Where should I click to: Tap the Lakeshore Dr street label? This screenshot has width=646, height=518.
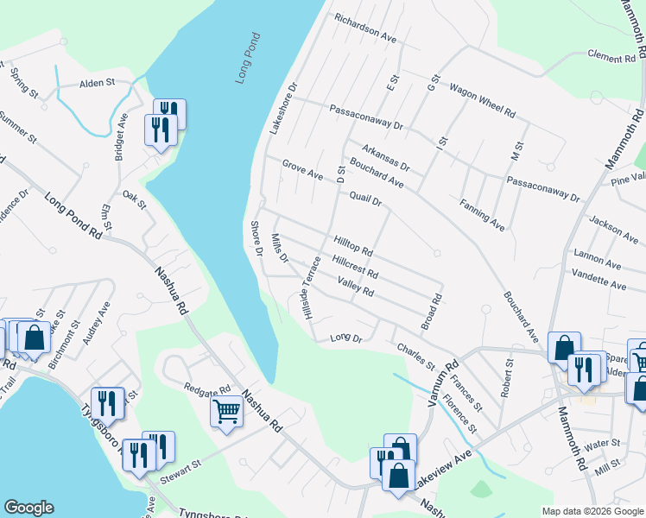(x=283, y=107)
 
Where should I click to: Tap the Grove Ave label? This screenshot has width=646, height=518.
(x=302, y=169)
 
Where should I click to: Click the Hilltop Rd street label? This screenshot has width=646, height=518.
(x=352, y=246)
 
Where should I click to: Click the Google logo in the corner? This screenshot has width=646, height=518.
(x=28, y=507)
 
